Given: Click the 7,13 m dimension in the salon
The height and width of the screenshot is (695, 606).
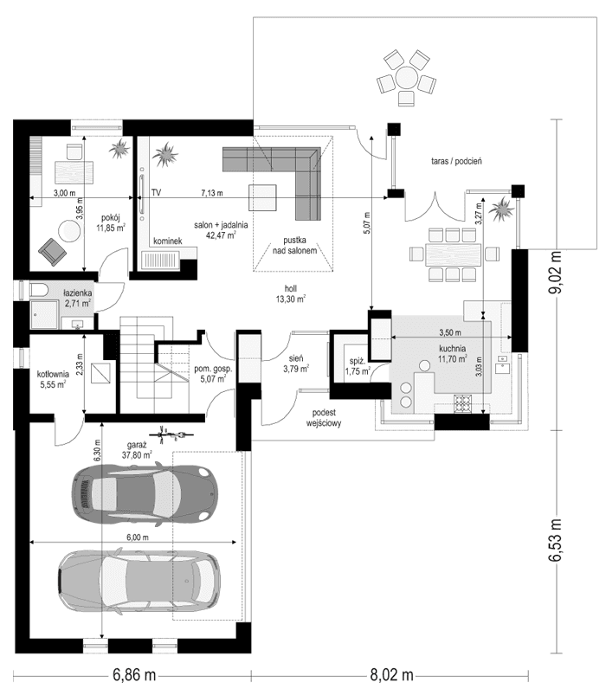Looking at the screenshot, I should pyautogui.click(x=211, y=192).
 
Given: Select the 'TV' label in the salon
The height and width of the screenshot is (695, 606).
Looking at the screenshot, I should pyautogui.click(x=157, y=192).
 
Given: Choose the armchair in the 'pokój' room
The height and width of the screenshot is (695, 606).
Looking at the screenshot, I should pyautogui.click(x=51, y=252).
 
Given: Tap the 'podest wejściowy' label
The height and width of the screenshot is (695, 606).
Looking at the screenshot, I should pyautogui.click(x=324, y=420).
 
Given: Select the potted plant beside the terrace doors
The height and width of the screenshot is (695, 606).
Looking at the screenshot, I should pyautogui.click(x=500, y=209).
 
